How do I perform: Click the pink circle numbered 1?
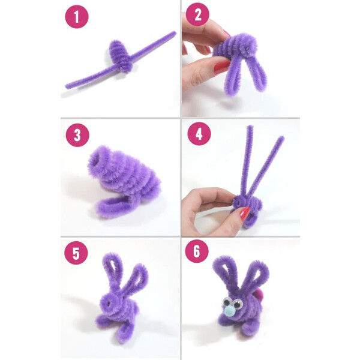[77, 17]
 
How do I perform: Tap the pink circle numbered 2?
[197, 14]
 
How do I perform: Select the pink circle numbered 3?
[77, 135]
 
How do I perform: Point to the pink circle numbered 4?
[199, 134]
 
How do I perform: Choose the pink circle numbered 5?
[76, 253]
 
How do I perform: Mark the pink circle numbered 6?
[197, 251]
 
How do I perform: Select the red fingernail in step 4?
[245, 213]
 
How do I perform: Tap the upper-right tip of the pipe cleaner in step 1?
[175, 32]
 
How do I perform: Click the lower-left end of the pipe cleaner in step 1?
[67, 86]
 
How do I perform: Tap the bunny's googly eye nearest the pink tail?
[238, 304]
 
